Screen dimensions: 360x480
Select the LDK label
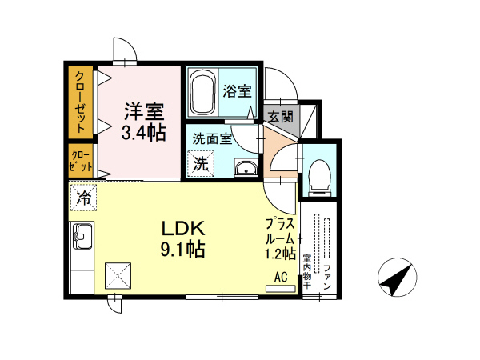coord(185,226)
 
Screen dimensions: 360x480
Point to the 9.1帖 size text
coord(185,249)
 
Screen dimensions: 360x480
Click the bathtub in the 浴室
coord(203,94)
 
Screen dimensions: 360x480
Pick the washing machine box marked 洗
coord(200,164)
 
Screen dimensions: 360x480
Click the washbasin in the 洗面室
coord(245,167)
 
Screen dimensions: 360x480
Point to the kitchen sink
coord(82,238)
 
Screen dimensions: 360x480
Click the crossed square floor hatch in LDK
coord(120,277)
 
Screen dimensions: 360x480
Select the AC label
coord(281,277)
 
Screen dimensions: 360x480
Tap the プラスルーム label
coord(281,238)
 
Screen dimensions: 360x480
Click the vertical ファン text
coord(328,277)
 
